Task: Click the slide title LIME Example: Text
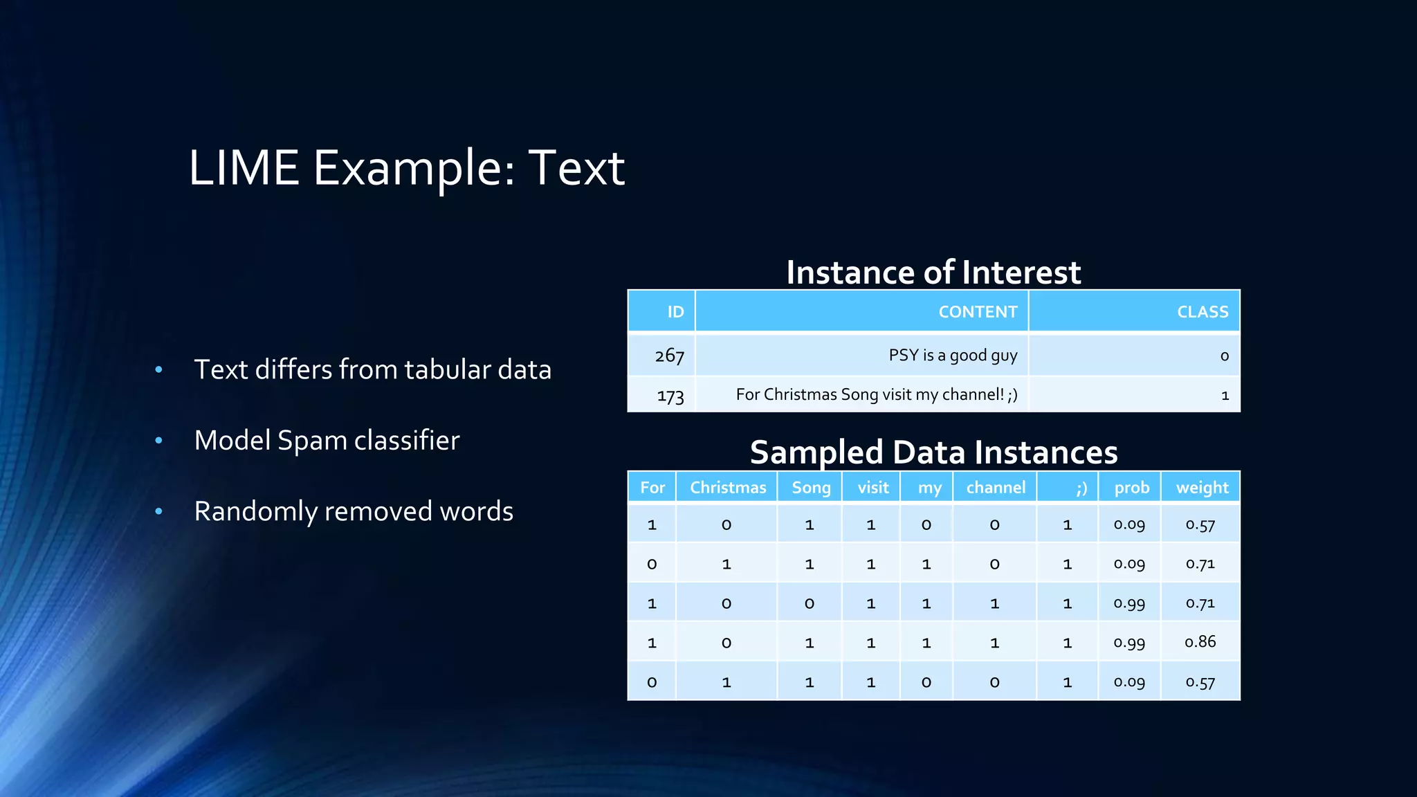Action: coord(406,168)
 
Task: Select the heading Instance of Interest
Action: coord(933,272)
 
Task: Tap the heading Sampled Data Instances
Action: coord(933,452)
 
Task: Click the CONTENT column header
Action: coord(977,312)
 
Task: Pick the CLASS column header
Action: coord(1203,312)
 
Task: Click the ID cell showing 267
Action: coord(669,356)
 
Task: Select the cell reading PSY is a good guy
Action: coord(952,356)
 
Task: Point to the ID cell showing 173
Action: coord(670,396)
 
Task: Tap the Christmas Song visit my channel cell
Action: coord(876,395)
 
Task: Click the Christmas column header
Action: coord(727,488)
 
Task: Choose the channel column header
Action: coord(995,488)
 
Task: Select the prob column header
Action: coord(1131,488)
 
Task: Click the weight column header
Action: coord(1202,488)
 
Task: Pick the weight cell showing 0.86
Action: coord(1200,642)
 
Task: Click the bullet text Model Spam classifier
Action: coord(327,441)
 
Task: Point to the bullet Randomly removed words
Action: coord(354,511)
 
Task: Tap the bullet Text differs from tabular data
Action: coord(372,369)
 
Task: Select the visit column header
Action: coord(872,488)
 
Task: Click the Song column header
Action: coord(811,488)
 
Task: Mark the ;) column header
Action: coord(1081,488)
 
